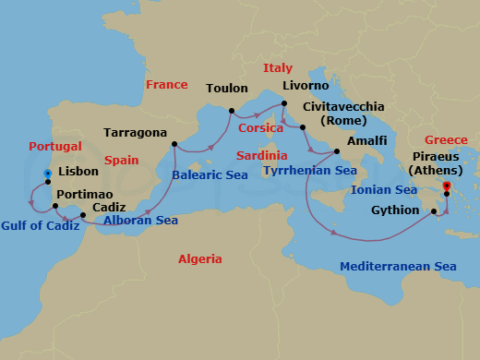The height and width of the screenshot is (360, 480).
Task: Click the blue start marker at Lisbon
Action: point(47,172)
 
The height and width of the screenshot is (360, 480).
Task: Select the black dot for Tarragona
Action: point(174,144)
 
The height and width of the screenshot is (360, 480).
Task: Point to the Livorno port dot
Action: point(284,103)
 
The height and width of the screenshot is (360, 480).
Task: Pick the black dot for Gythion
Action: point(433,211)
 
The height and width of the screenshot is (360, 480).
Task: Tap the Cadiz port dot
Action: point(83,216)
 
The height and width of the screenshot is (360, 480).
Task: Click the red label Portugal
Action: point(55,147)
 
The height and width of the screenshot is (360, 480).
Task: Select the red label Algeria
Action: point(199,259)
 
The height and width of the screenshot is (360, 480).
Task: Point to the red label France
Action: point(167,85)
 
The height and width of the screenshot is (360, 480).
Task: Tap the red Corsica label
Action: point(261,128)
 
